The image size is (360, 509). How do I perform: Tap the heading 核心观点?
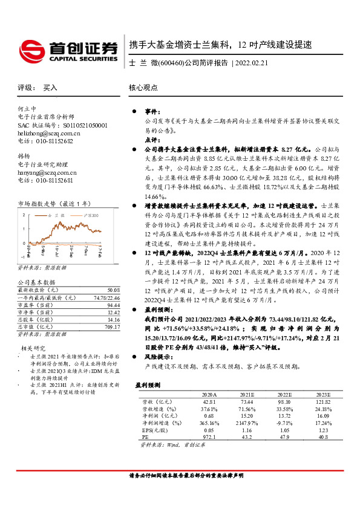click(x=143, y=87)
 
